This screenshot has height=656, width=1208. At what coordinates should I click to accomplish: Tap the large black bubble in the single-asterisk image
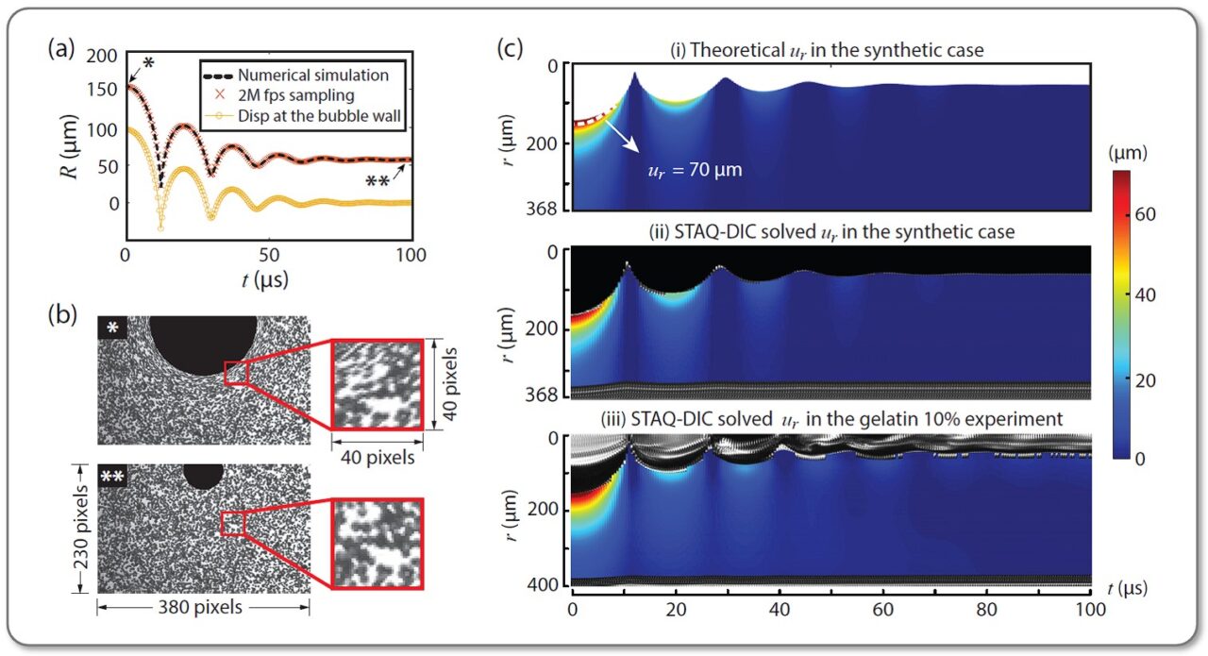coord(203,345)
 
